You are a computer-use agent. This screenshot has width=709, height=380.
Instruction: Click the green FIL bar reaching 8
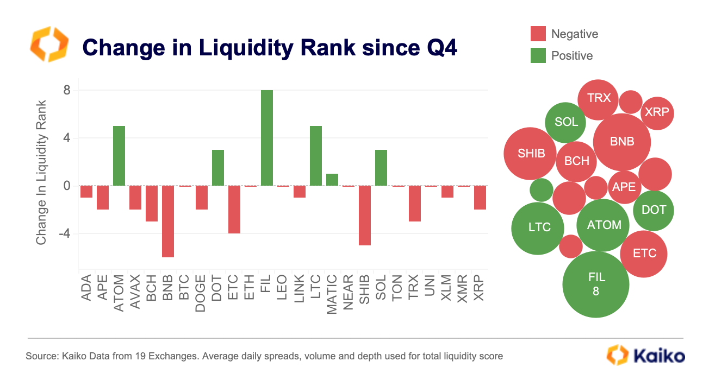[266, 138]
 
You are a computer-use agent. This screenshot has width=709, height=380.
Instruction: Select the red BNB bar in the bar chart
[168, 221]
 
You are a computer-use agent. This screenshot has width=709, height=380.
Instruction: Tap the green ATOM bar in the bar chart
[119, 156]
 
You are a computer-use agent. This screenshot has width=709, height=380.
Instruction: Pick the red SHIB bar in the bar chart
[364, 215]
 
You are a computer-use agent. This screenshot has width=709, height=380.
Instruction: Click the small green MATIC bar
[332, 180]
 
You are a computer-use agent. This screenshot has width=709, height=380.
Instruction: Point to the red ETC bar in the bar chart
[234, 209]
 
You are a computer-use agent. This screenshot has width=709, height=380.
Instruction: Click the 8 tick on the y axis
[67, 90]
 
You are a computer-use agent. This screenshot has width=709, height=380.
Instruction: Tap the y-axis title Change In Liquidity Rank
[41, 172]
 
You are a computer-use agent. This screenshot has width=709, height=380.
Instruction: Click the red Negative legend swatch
[538, 34]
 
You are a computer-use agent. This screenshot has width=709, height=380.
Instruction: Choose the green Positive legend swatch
[538, 55]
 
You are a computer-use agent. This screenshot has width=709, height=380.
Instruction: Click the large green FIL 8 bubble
[595, 284]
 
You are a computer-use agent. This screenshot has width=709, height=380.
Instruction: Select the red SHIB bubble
[530, 154]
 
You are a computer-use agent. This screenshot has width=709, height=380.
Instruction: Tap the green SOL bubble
[565, 122]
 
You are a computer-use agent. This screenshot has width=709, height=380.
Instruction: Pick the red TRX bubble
[598, 99]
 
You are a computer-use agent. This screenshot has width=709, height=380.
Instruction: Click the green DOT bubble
[654, 210]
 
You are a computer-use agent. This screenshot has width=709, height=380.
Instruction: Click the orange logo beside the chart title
[49, 43]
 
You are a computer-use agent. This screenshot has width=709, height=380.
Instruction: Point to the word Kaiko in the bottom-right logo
[660, 356]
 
